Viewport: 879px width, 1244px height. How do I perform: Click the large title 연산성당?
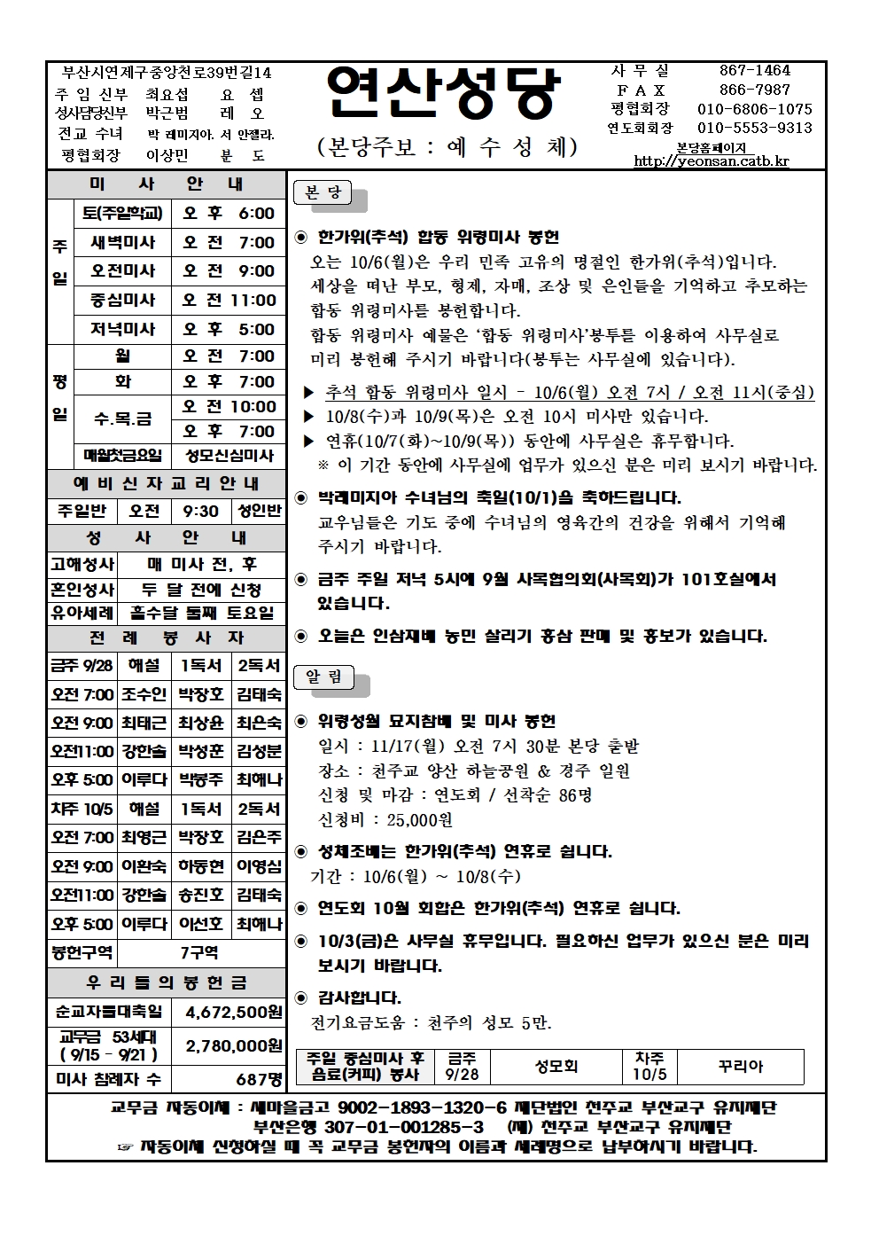pos(443,94)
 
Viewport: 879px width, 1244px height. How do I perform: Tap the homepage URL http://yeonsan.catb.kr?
pos(711,161)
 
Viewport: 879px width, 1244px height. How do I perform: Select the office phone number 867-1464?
pos(754,71)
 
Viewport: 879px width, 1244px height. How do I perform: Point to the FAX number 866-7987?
pos(754,90)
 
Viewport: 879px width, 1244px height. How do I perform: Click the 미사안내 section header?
pos(167,184)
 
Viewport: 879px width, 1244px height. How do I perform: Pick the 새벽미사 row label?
pos(123,242)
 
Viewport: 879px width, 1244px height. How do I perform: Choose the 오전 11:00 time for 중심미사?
pos(229,300)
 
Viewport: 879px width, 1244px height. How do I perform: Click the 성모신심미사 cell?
pos(229,456)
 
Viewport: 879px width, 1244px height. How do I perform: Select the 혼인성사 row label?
pos(82,590)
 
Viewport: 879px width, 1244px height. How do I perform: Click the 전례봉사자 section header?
pos(167,638)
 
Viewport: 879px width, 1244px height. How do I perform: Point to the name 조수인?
pos(144,694)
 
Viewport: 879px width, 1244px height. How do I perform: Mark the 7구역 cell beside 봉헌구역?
pos(200,952)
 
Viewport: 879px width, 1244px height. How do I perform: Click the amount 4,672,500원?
pos(233,1012)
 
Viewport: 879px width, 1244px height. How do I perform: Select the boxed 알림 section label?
pos(323,677)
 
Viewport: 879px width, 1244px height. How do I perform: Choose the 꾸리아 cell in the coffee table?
pos(740,1067)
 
